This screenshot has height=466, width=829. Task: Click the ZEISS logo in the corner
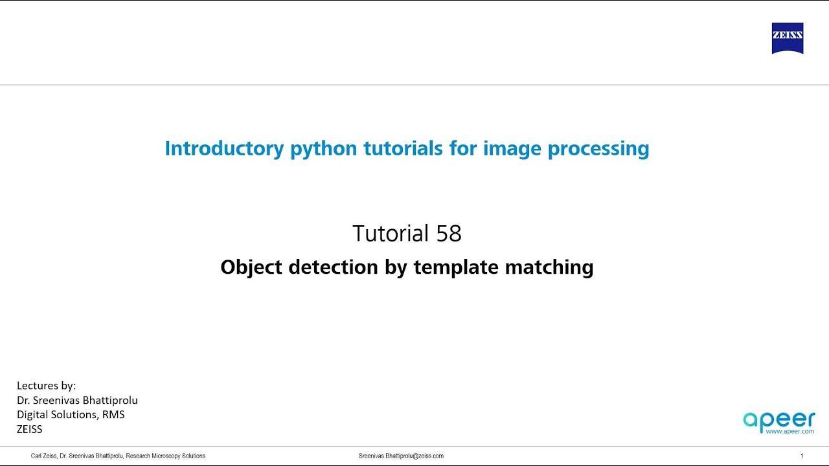(788, 38)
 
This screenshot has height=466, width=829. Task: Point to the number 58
(449, 234)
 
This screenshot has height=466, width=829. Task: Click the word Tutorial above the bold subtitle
(391, 234)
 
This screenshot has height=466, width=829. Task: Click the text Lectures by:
(46, 386)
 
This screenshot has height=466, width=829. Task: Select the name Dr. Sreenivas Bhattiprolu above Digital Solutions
(77, 400)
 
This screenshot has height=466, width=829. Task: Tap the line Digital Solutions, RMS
(71, 414)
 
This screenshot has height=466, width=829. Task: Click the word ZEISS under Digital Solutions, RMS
(29, 428)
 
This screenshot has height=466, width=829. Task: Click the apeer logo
(778, 419)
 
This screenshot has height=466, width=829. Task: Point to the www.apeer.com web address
(789, 430)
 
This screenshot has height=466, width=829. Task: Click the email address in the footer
(401, 456)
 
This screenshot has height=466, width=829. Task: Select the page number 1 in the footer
(802, 456)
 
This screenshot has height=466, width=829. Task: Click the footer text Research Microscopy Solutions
(166, 456)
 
